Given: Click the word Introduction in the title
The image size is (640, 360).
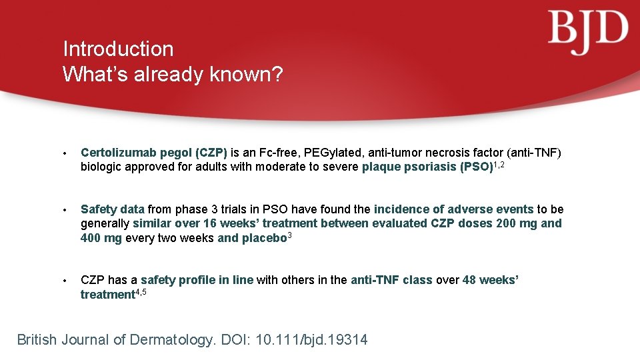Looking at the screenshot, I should (x=118, y=49).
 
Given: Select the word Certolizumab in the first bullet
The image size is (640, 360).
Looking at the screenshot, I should (x=117, y=152).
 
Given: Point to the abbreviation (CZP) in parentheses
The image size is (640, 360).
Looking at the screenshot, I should (x=211, y=152).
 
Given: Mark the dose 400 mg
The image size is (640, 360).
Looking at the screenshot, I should (x=101, y=238).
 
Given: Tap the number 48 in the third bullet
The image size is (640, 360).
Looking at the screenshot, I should (x=470, y=280).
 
